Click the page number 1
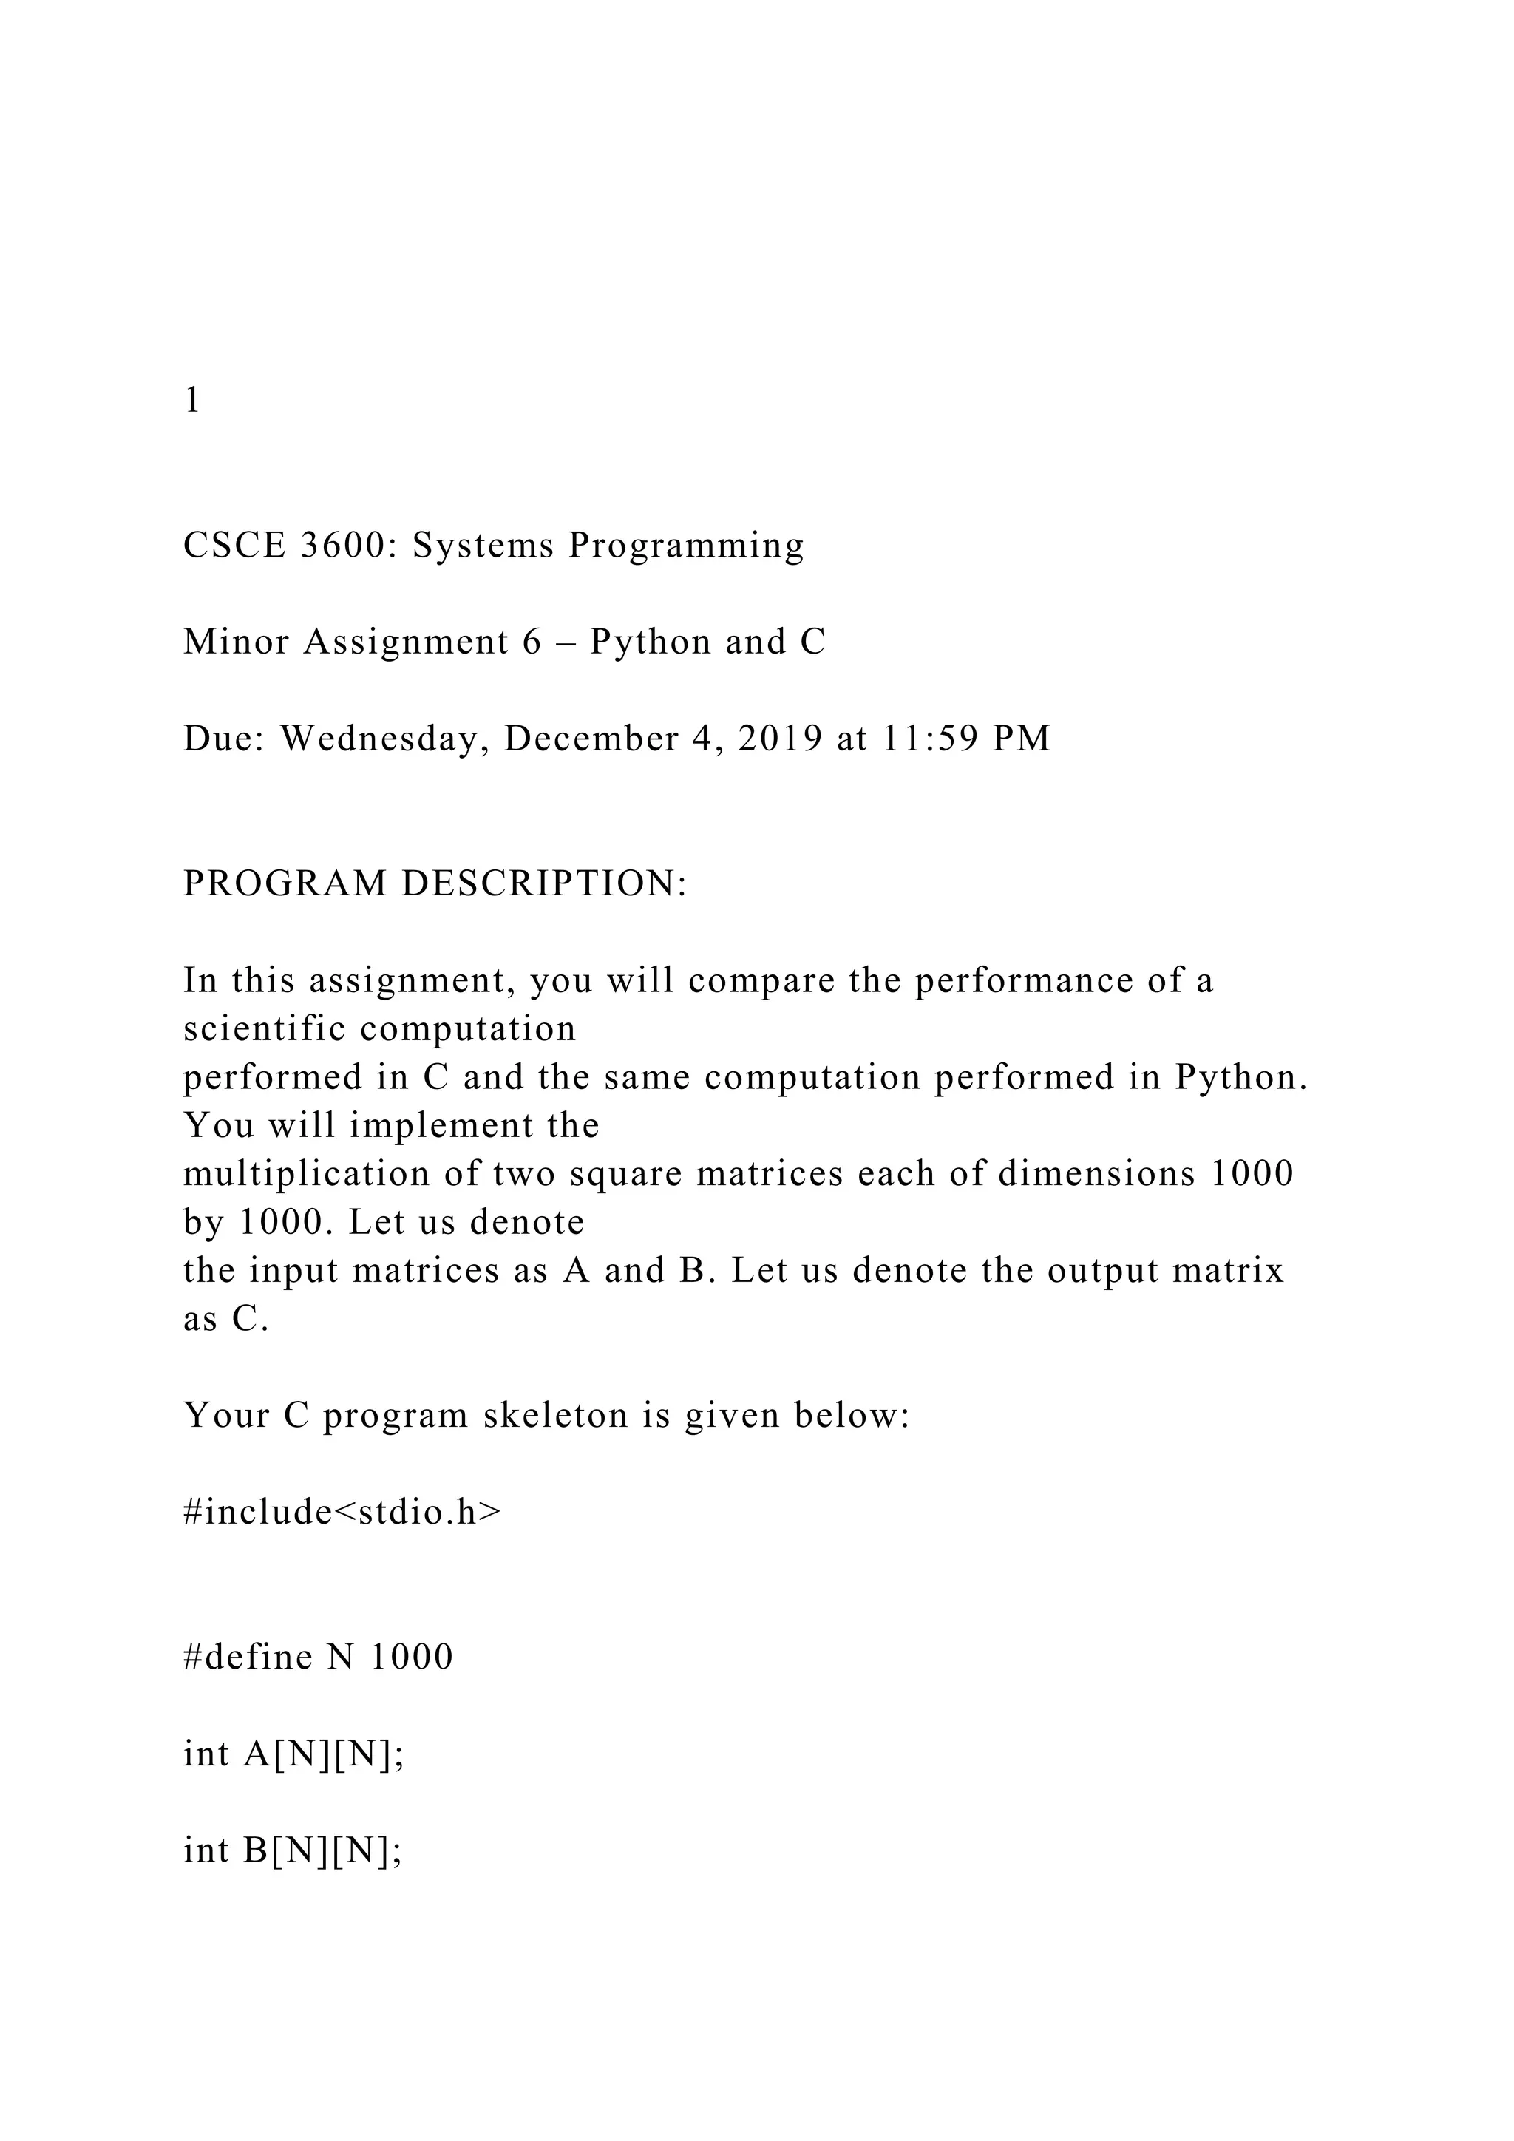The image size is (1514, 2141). pos(192,400)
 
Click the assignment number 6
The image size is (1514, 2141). pos(532,642)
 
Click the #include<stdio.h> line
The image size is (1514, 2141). pos(342,1513)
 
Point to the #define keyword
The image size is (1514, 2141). pos(248,1657)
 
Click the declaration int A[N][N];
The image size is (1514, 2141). pos(293,1754)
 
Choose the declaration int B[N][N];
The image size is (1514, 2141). pos(293,1851)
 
